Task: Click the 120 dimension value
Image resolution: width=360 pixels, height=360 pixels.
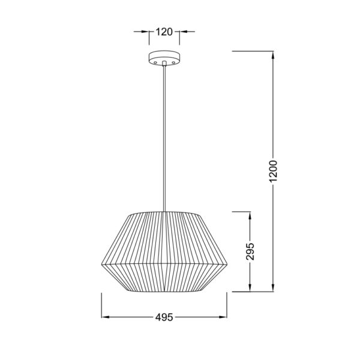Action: click(164, 32)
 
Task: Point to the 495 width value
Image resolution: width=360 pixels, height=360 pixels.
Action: click(164, 316)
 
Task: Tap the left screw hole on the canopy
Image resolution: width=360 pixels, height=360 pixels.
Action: click(155, 62)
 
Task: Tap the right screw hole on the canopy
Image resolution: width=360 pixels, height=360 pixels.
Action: click(173, 62)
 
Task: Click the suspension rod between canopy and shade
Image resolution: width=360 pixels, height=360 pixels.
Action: click(164, 138)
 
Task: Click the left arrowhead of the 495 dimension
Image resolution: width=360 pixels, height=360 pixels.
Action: click(103, 316)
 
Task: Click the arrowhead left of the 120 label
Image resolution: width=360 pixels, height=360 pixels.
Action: click(146, 32)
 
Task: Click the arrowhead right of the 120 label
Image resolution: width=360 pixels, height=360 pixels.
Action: click(181, 32)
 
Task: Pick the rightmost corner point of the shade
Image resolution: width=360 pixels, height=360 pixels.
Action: click(227, 264)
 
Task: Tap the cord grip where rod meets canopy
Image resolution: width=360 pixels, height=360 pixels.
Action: click(164, 67)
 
